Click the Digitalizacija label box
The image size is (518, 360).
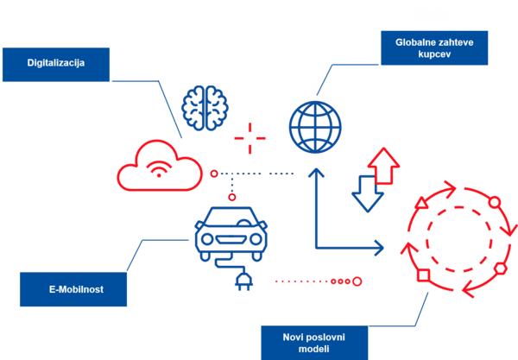pyautogui.click(x=56, y=64)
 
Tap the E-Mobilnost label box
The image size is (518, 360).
pyautogui.click(x=73, y=289)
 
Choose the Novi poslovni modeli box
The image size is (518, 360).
pyautogui.click(x=314, y=340)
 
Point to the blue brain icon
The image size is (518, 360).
pyautogui.click(x=205, y=108)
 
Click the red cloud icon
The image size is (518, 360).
pyautogui.click(x=160, y=166)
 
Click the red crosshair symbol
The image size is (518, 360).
pyautogui.click(x=250, y=138)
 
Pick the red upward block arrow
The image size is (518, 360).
pyautogui.click(x=385, y=165)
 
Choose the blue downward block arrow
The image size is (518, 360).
pyautogui.click(x=367, y=193)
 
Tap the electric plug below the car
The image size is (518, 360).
pyautogui.click(x=243, y=281)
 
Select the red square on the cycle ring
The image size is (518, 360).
pyautogui.click(x=423, y=275)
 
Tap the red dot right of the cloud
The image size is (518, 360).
pyautogui.click(x=214, y=174)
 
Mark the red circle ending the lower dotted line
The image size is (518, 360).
pyautogui.click(x=357, y=281)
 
